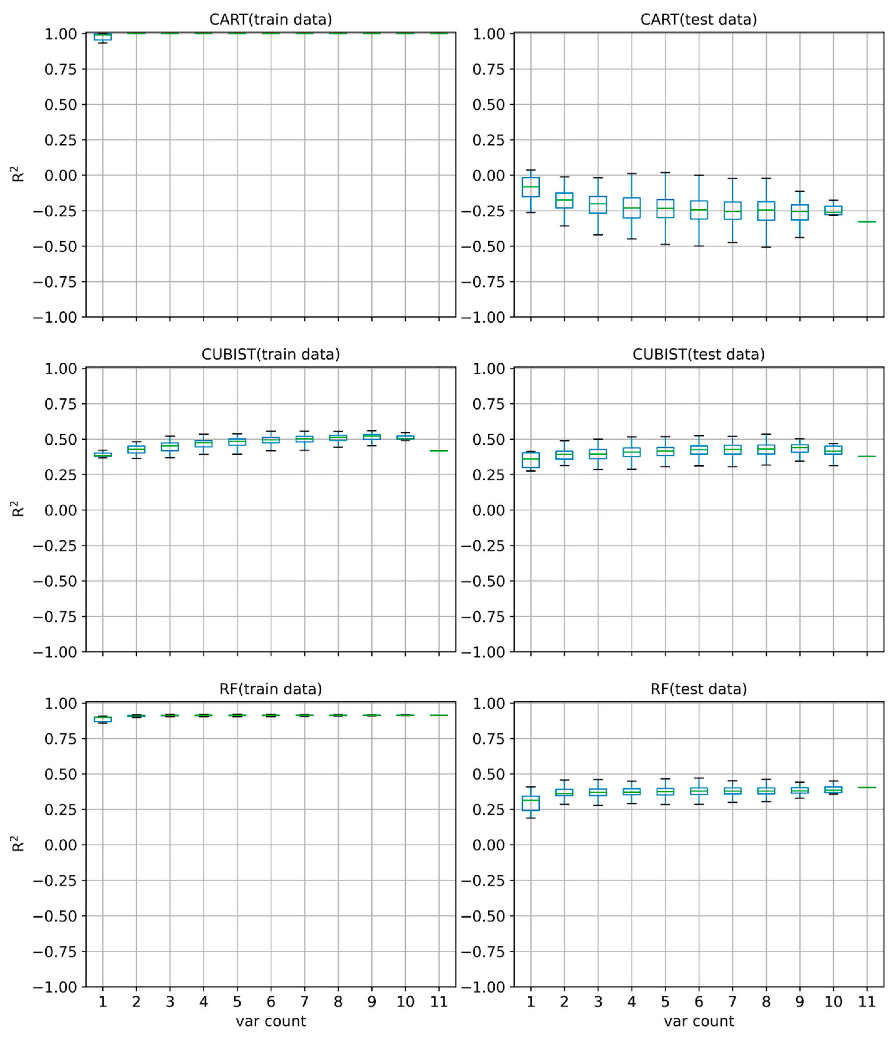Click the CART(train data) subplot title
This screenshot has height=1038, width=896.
[270, 19]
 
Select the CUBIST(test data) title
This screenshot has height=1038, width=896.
[698, 354]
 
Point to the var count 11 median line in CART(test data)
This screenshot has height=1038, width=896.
[867, 222]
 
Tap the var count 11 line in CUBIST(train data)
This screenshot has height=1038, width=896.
[439, 451]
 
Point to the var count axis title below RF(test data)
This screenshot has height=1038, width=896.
[698, 1021]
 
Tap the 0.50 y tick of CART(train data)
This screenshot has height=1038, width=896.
[61, 105]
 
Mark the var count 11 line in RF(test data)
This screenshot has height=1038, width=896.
[867, 788]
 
